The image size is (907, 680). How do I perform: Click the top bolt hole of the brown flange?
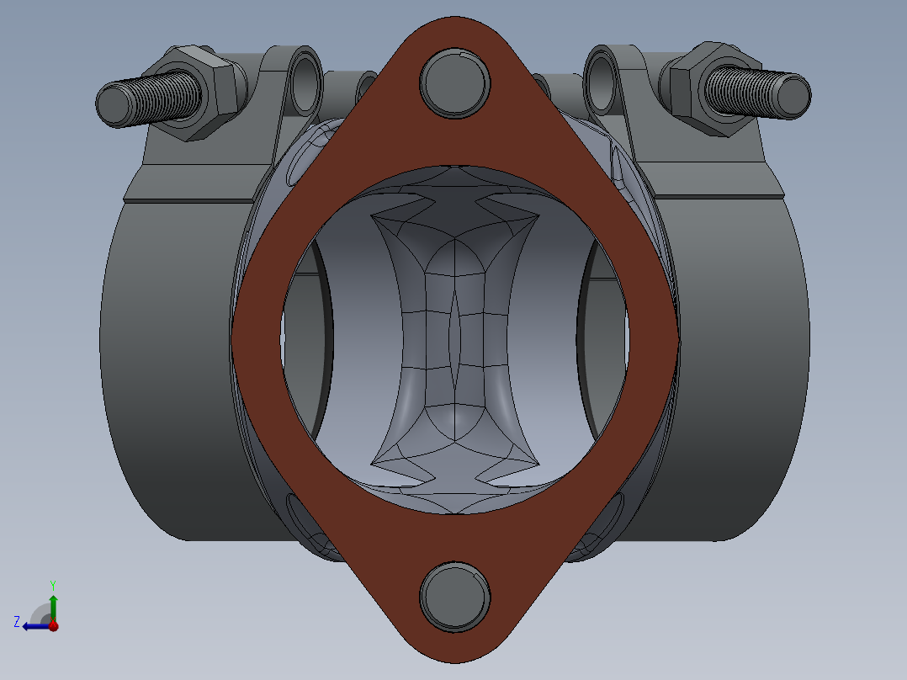pyautogui.click(x=455, y=82)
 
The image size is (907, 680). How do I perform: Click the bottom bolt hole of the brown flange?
pyautogui.click(x=455, y=595)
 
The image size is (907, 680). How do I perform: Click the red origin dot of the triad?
pyautogui.click(x=53, y=626)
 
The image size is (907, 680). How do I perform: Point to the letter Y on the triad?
pyautogui.click(x=52, y=584)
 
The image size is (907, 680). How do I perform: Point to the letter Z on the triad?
pyautogui.click(x=16, y=622)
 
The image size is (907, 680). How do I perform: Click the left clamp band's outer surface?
pyautogui.click(x=168, y=362)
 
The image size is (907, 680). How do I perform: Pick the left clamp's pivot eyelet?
pyautogui.click(x=305, y=84)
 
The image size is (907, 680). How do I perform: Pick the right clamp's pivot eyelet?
pyautogui.click(x=602, y=84)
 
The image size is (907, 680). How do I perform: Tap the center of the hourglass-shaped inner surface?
pyautogui.click(x=454, y=337)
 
